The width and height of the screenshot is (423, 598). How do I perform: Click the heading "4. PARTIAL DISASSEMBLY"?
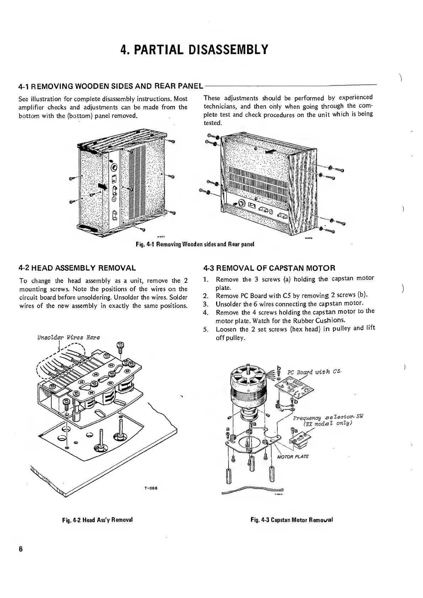tap(194, 49)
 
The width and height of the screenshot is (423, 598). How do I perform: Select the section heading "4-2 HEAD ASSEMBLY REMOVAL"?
tap(77, 267)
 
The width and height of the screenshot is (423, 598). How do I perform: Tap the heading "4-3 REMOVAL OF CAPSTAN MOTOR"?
tap(269, 267)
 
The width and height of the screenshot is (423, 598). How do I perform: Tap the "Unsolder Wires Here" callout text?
tap(66, 337)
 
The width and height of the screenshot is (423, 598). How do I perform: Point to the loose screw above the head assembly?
tap(120, 346)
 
